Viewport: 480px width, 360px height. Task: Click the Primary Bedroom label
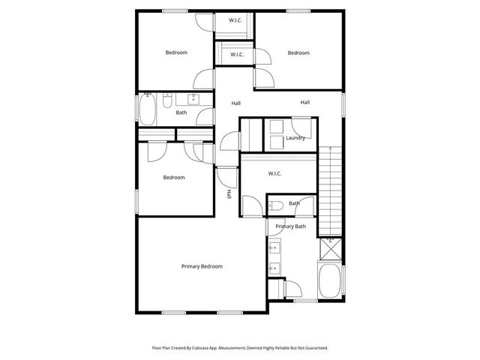pos(202,266)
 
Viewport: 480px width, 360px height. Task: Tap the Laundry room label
pos(295,137)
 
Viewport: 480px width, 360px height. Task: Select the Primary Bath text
pos(290,226)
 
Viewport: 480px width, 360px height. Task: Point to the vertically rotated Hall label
pos(229,193)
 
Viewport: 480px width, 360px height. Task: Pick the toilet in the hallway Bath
pos(168,100)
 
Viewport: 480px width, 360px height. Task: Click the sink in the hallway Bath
pos(194,98)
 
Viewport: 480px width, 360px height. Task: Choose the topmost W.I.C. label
pos(235,20)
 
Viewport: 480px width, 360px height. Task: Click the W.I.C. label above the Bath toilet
pos(274,174)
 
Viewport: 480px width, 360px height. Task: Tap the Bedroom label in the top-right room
pos(298,52)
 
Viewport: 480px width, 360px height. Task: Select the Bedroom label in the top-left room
pos(176,52)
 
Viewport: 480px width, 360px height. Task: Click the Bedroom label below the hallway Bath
pos(174,178)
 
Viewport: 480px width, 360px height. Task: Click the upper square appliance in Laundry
pos(276,125)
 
